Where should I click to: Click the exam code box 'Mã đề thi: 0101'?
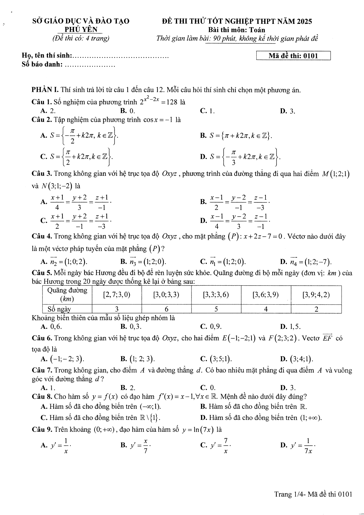pos(293,56)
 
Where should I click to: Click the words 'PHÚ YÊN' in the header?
pos(81,29)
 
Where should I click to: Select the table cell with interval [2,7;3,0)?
pos(117,295)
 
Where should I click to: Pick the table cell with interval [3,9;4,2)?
pos(316,295)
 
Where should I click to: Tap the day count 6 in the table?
pos(166,309)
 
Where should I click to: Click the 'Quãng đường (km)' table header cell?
pos(67,295)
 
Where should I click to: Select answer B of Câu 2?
pos(236,135)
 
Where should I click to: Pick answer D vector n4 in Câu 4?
pos(306,261)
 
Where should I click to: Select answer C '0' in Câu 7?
pos(208,388)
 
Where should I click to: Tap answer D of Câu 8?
pos(261,418)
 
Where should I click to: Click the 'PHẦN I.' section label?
pos(45,90)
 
